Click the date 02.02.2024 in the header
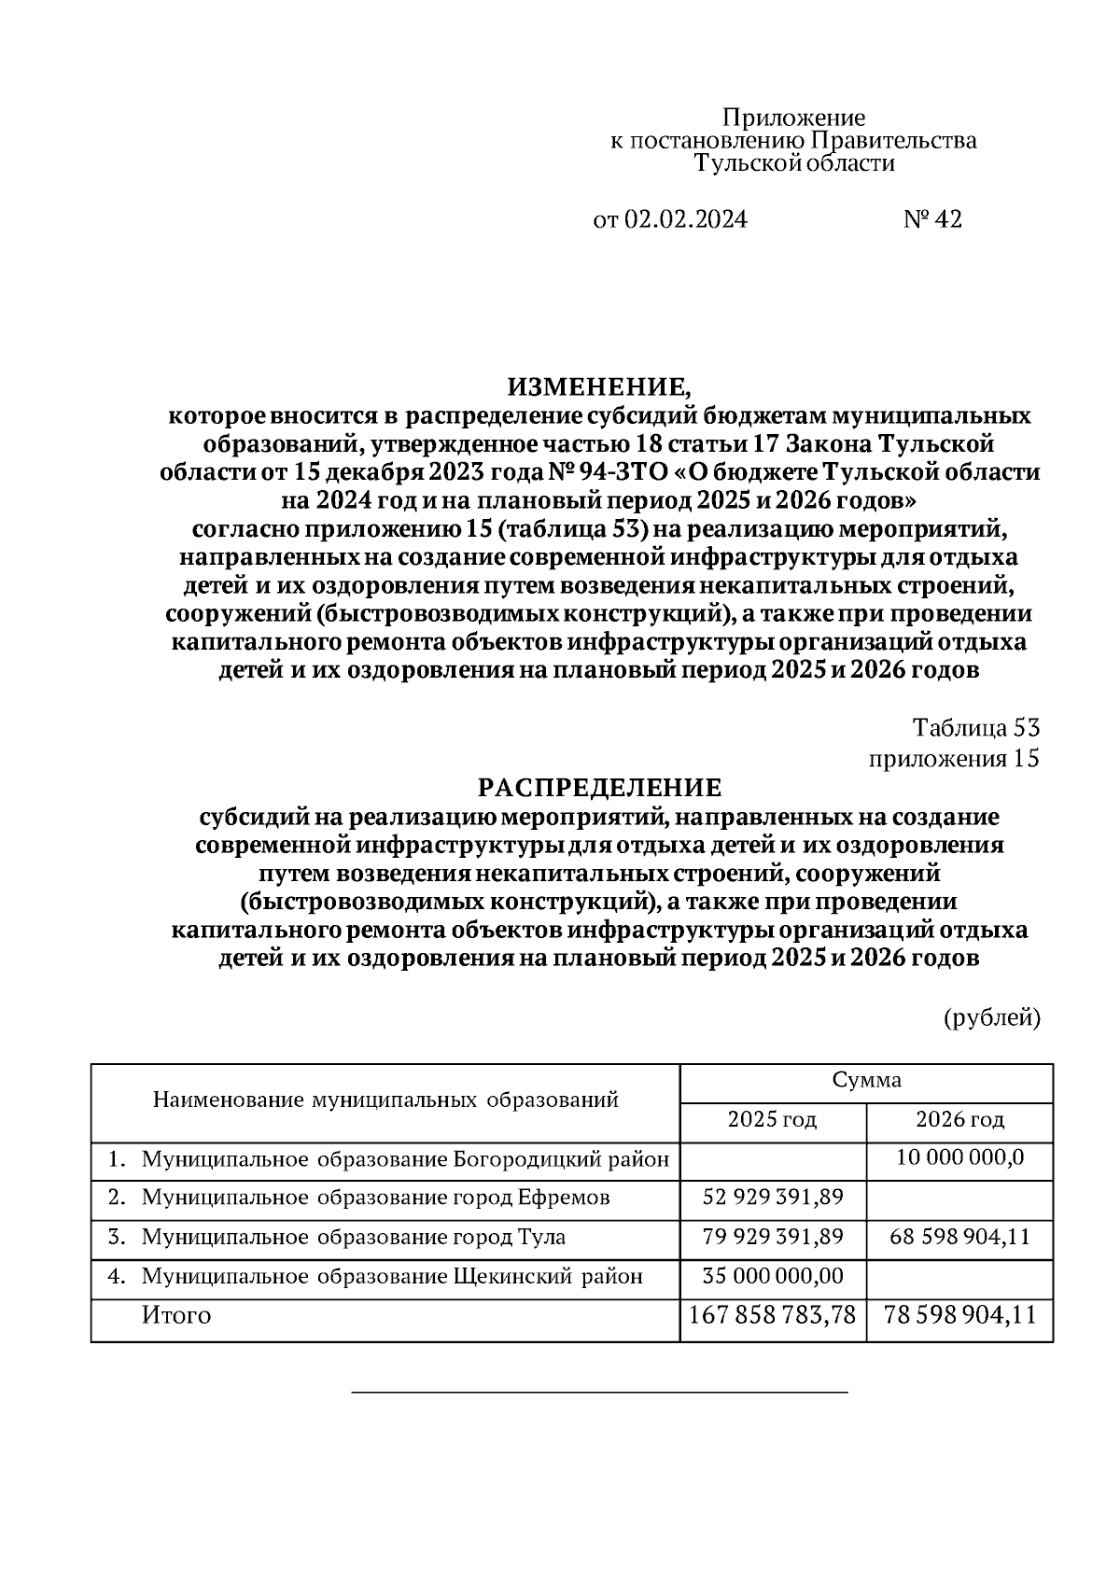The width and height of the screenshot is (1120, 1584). click(x=685, y=219)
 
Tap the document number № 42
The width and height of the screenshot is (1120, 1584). click(x=932, y=219)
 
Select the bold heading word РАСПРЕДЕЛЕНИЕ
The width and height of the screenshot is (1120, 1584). click(x=600, y=788)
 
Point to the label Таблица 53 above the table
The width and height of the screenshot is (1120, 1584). click(x=976, y=728)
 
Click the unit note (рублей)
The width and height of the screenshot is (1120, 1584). click(x=992, y=1017)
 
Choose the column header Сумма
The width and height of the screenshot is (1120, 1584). click(x=867, y=1081)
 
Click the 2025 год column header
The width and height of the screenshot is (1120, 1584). click(x=773, y=1119)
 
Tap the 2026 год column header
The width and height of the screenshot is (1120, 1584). click(x=959, y=1119)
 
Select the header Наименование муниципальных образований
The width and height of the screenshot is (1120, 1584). click(x=385, y=1100)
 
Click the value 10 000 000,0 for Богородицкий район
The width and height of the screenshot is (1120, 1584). click(x=959, y=1158)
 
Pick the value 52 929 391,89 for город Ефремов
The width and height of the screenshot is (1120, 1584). click(x=773, y=1198)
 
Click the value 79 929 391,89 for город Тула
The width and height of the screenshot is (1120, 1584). click(x=773, y=1237)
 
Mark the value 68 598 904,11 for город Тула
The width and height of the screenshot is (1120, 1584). click(x=959, y=1237)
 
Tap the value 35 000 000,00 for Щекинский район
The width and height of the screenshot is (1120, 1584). click(x=773, y=1276)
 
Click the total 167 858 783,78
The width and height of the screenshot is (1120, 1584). click(x=773, y=1316)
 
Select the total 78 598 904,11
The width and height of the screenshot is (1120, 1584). click(x=959, y=1316)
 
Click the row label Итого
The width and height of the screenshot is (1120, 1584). click(x=176, y=1316)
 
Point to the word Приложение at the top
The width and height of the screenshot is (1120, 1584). click(x=794, y=119)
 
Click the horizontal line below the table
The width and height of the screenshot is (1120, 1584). click(x=599, y=1393)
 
